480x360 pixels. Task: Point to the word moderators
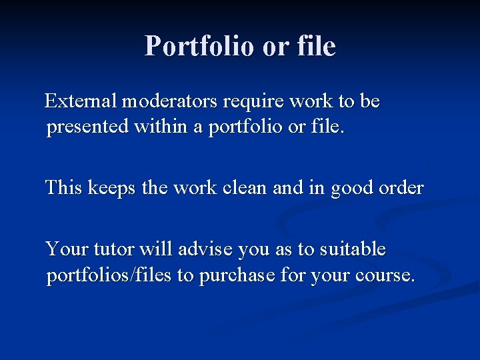[x=170, y=101]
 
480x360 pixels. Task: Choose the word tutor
[x=112, y=249]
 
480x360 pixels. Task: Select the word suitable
[x=352, y=249]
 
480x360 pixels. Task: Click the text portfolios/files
[x=109, y=275]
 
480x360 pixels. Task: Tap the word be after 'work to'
[x=369, y=101]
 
